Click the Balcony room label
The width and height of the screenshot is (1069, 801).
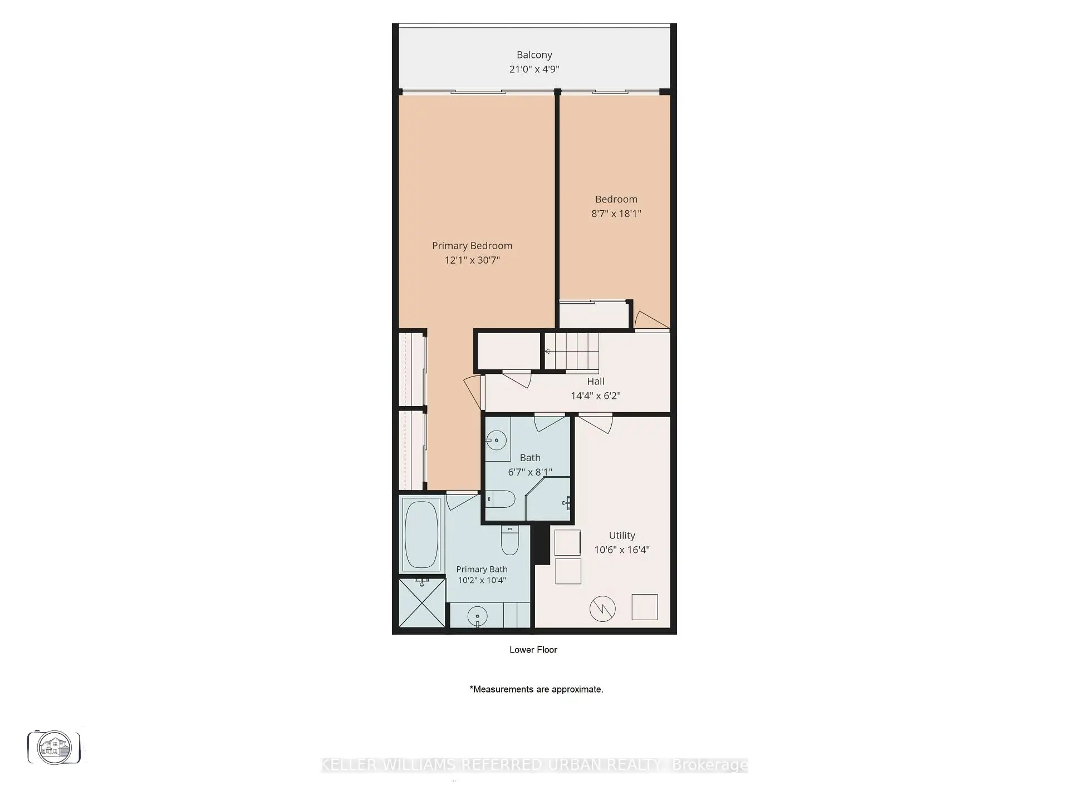pos(534,55)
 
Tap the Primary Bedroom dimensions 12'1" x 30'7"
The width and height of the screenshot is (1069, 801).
pos(472,260)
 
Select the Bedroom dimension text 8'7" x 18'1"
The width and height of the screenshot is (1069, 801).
pos(616,213)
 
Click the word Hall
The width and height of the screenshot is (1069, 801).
pos(595,381)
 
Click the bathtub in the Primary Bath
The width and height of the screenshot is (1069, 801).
pos(421,535)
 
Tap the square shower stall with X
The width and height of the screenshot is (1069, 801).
pos(423,603)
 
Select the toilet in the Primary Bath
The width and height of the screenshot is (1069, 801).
pos(509,540)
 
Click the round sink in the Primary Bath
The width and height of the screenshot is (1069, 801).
pos(477,616)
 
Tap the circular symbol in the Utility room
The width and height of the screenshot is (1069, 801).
pos(602,609)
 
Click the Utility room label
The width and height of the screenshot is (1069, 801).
pos(621,535)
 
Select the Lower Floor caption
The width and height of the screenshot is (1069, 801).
pos(533,649)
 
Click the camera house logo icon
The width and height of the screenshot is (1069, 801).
pos(54,747)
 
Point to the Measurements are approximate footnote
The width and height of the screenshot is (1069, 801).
pos(536,689)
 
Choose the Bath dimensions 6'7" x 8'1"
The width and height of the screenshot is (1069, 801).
pos(530,472)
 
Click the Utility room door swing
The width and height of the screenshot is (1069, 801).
pos(596,423)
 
